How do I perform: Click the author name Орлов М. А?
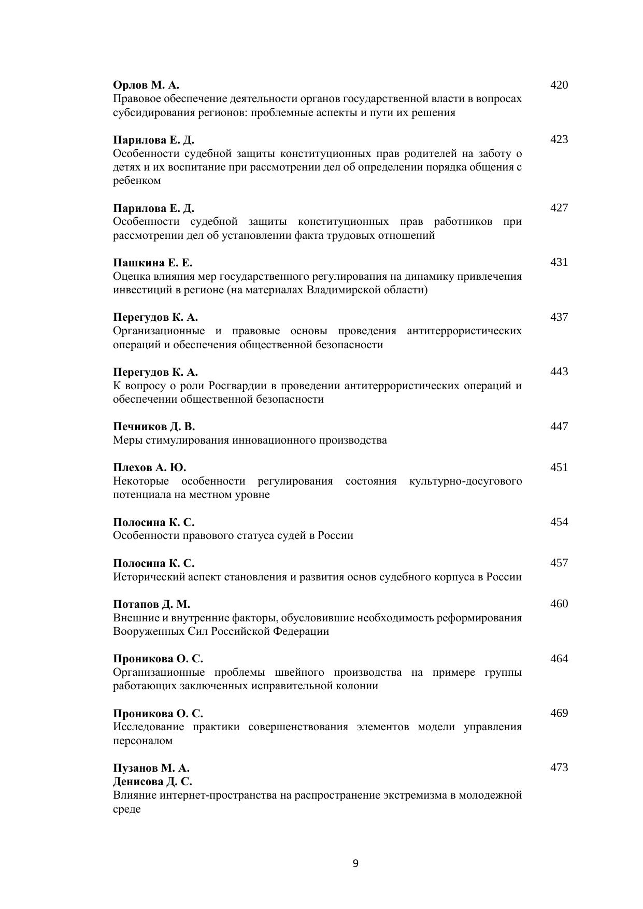point(146,85)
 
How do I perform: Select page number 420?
point(559,85)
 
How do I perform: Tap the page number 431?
point(559,262)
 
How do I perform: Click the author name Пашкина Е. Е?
point(153,263)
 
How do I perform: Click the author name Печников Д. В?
point(154,427)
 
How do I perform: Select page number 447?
point(559,427)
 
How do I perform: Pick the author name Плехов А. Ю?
point(150,467)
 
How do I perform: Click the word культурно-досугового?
point(465,481)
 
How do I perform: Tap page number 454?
point(559,522)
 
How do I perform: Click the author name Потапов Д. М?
point(152,604)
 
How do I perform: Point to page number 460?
point(559,604)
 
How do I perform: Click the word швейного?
point(301,672)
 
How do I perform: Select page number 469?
point(559,713)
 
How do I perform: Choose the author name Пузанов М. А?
point(151,768)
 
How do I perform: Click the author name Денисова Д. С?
point(153,782)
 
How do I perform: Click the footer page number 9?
point(355,863)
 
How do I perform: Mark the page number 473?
point(559,768)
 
